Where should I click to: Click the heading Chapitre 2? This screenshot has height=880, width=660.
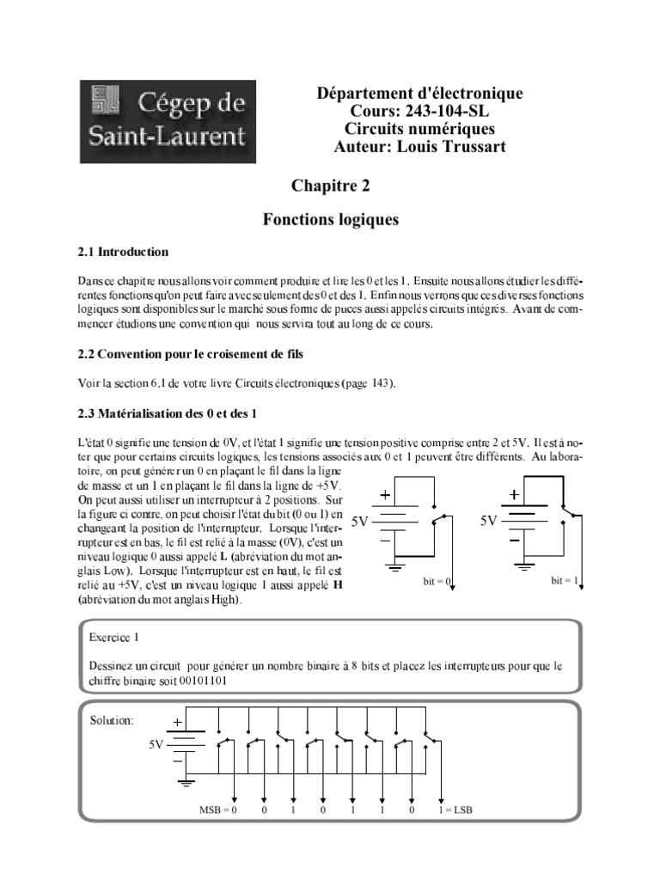coord(331,185)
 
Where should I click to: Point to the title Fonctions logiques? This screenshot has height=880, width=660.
coord(331,220)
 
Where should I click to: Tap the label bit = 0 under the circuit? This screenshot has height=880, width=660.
coord(437,582)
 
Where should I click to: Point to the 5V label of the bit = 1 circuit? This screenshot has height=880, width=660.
coord(488,521)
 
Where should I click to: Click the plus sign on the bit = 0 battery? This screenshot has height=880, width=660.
coord(385,496)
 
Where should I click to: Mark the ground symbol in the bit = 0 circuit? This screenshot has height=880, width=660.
coord(396,567)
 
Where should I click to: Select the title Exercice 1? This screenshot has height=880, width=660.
coord(113,638)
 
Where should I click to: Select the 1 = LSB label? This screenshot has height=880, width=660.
coord(455,810)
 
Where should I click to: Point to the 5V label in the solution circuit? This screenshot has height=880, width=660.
coord(154,745)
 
